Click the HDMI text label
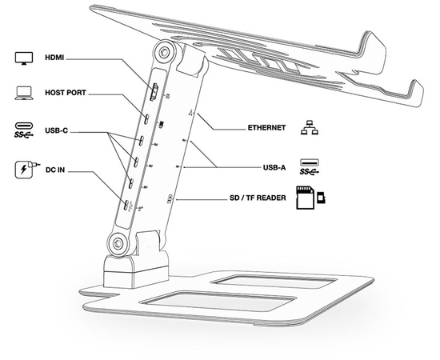54,58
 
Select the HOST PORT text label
66,93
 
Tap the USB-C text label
57,130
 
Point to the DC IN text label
55,170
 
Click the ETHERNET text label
266,128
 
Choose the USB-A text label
274,167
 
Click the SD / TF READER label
258,198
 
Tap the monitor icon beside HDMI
24,58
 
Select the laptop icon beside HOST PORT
24,93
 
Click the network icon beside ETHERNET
310,128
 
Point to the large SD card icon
305,198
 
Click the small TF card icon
321,198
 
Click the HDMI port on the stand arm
154,92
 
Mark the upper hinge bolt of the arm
163,53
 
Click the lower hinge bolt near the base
118,243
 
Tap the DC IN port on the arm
126,205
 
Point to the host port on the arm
146,119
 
